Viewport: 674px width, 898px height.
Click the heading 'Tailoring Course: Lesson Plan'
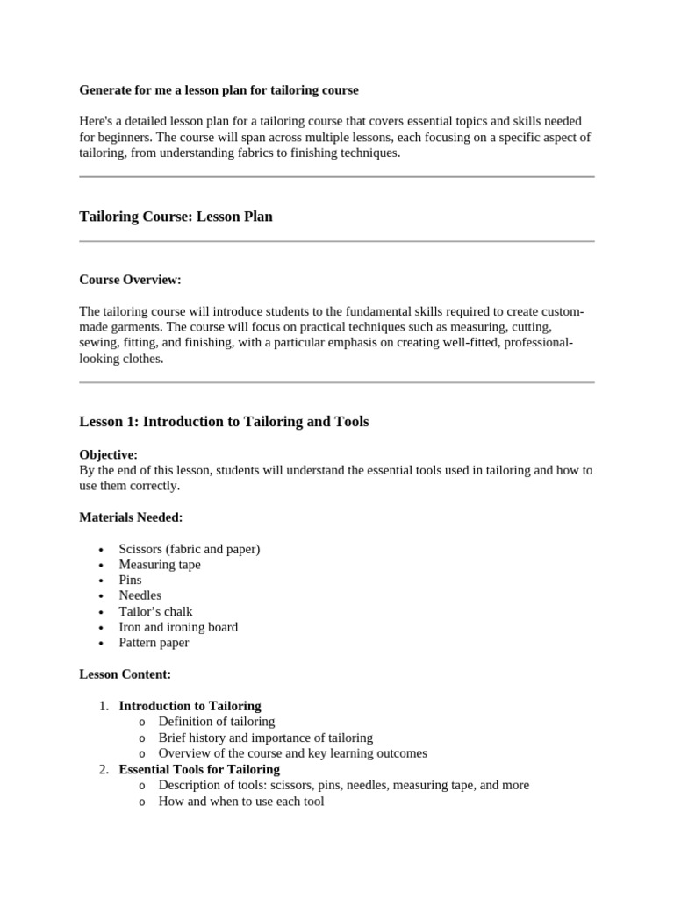[x=176, y=217]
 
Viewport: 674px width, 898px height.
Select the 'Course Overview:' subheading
[x=130, y=280]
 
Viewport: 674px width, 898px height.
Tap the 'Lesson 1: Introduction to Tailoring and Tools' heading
[x=224, y=422]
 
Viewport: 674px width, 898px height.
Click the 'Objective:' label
[x=108, y=454]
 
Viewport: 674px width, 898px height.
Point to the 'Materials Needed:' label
[x=131, y=517]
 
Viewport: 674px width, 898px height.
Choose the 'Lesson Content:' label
[x=125, y=674]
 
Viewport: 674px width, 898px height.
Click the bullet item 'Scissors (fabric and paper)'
[x=189, y=549]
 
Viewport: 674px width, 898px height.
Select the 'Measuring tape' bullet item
[x=159, y=565]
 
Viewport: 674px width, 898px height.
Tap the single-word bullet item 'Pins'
[x=130, y=580]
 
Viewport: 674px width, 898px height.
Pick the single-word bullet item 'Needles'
[x=140, y=595]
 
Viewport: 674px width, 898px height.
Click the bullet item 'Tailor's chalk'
[x=155, y=611]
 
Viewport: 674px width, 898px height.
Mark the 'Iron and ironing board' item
[x=178, y=627]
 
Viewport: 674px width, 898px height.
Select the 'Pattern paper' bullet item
[x=154, y=643]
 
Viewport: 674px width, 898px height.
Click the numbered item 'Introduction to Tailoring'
[x=190, y=706]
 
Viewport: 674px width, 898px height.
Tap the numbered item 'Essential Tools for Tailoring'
[x=199, y=769]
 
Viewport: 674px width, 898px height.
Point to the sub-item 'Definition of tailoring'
[x=216, y=722]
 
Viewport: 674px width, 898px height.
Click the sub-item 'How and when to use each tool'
[x=240, y=801]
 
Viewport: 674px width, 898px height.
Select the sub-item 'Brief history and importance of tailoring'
[x=265, y=738]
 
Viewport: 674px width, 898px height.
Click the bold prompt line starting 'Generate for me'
[x=219, y=89]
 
